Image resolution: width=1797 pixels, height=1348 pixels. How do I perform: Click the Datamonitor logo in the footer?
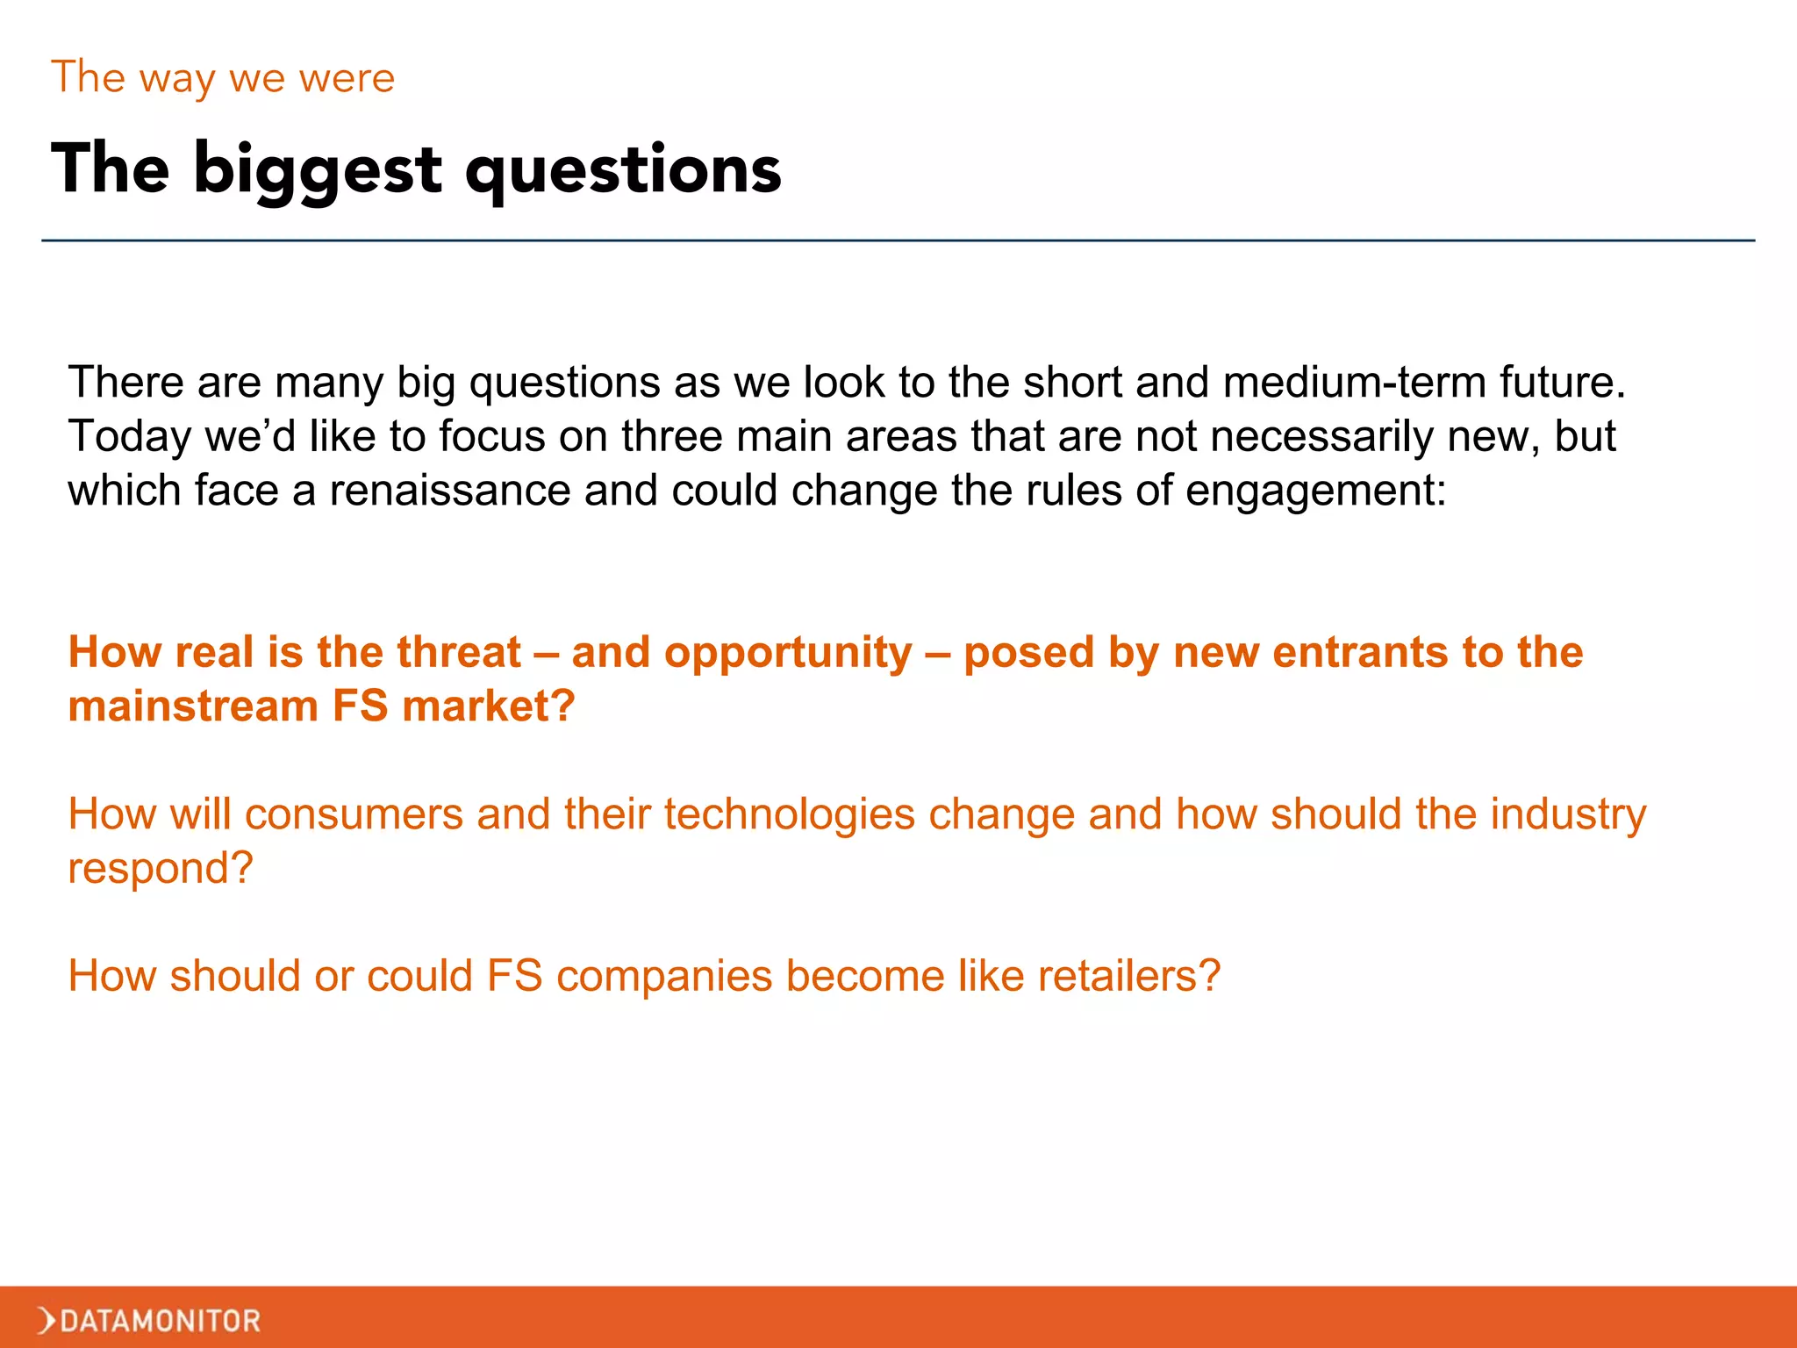coord(149,1320)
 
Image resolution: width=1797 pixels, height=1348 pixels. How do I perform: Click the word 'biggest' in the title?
coord(317,169)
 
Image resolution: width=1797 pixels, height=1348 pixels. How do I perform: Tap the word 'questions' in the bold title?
coord(623,169)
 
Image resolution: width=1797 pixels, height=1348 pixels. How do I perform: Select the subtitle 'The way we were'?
coord(223,77)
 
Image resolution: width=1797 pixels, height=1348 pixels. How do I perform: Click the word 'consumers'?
coord(354,814)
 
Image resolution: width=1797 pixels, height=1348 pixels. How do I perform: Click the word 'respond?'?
coord(161,869)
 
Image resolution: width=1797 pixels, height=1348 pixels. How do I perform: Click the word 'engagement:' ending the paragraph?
coord(1315,491)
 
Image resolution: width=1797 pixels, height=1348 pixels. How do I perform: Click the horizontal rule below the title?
coord(898,240)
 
